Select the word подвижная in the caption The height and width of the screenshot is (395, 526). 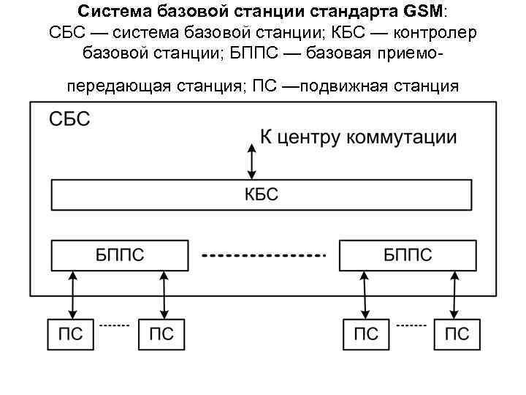click(x=343, y=86)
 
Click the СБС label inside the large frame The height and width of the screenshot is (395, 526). click(x=69, y=119)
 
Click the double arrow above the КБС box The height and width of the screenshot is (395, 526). click(x=252, y=161)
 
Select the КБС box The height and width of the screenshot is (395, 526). click(x=261, y=195)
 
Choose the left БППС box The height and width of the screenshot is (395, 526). click(x=120, y=255)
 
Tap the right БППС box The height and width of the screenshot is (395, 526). click(x=407, y=255)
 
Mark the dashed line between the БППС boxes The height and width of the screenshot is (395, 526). click(x=263, y=256)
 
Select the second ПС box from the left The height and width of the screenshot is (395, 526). click(x=161, y=334)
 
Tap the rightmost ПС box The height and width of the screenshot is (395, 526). click(x=457, y=334)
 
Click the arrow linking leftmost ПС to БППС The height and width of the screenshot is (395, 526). click(x=72, y=295)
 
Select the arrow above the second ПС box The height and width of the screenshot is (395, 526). click(x=163, y=295)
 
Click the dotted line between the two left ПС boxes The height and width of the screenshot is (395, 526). click(x=114, y=324)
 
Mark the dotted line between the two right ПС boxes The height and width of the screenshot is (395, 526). click(x=411, y=324)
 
